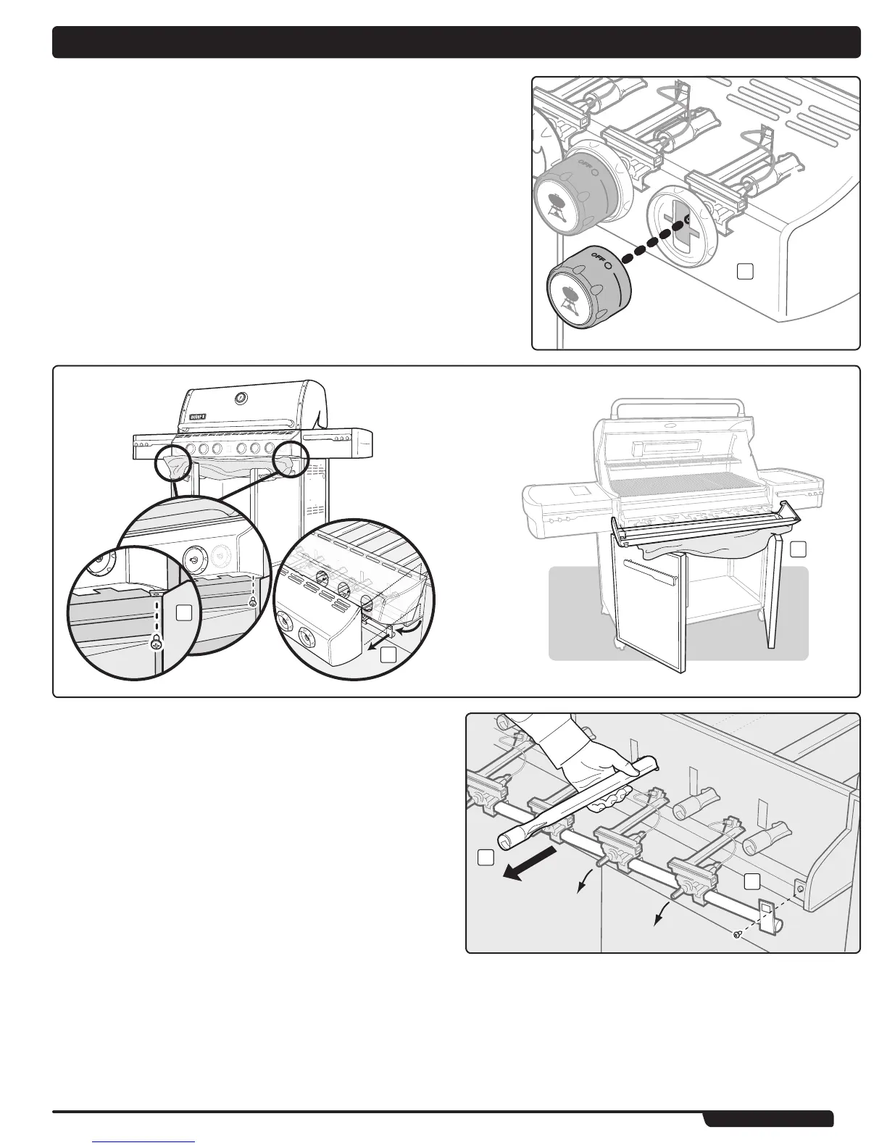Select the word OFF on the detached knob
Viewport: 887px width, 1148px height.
pos(598,257)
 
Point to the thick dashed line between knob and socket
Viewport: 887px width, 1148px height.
pos(650,242)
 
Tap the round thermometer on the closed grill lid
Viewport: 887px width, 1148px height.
pos(241,398)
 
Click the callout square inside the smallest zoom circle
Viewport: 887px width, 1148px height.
pos(184,613)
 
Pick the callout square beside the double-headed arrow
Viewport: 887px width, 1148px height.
pos(388,655)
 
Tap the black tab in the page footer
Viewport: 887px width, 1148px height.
pos(768,1119)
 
